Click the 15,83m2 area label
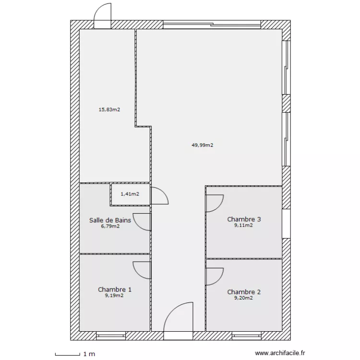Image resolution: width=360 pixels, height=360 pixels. click(x=109, y=110)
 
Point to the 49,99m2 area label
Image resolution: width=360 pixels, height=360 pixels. click(x=202, y=145)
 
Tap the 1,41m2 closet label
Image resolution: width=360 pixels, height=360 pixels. click(x=130, y=194)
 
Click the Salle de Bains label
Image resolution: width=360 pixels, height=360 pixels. click(x=110, y=220)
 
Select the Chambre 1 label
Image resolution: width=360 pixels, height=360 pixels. click(x=115, y=289)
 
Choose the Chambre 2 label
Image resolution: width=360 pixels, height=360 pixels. click(x=244, y=292)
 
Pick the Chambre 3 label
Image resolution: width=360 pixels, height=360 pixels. click(x=244, y=219)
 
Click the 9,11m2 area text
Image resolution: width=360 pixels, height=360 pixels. click(x=243, y=226)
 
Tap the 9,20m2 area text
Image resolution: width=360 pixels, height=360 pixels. click(x=243, y=298)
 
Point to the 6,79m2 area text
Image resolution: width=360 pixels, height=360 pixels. click(x=110, y=227)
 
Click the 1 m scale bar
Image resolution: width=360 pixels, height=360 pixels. click(x=68, y=354)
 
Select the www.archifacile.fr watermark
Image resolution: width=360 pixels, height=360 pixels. click(x=280, y=353)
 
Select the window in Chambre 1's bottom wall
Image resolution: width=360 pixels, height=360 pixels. click(x=111, y=336)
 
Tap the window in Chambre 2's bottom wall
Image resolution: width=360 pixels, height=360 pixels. click(x=246, y=336)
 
